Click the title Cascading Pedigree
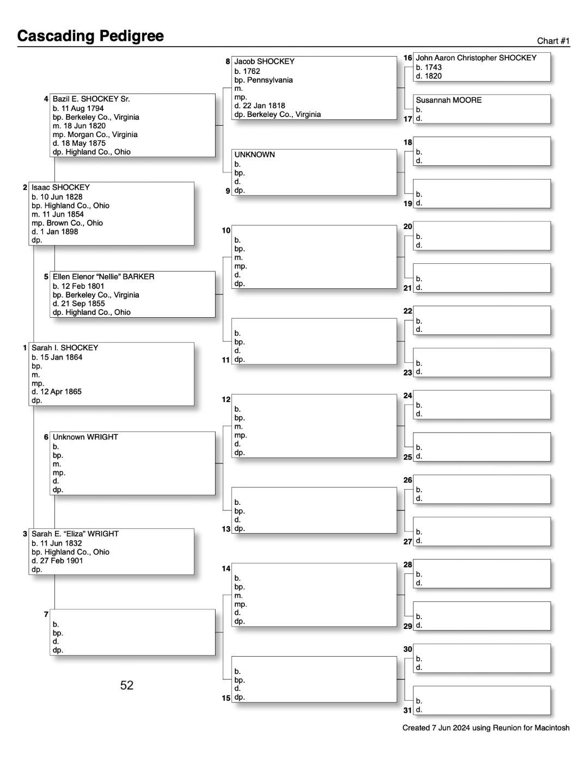90,36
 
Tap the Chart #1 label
553,41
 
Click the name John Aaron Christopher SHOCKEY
476,58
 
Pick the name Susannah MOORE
449,100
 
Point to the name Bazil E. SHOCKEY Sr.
91,99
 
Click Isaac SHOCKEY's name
60,187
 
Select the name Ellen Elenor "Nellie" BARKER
103,276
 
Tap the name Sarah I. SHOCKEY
65,348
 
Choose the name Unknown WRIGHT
85,437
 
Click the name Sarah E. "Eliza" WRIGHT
75,534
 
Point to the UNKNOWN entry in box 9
255,155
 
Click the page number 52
127,685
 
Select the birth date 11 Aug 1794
82,108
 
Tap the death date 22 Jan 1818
264,106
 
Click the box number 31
408,710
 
